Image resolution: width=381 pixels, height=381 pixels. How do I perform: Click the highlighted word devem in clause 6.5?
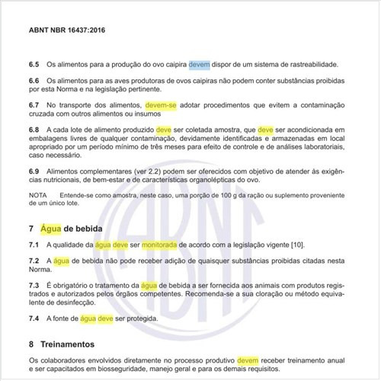pos(200,64)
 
